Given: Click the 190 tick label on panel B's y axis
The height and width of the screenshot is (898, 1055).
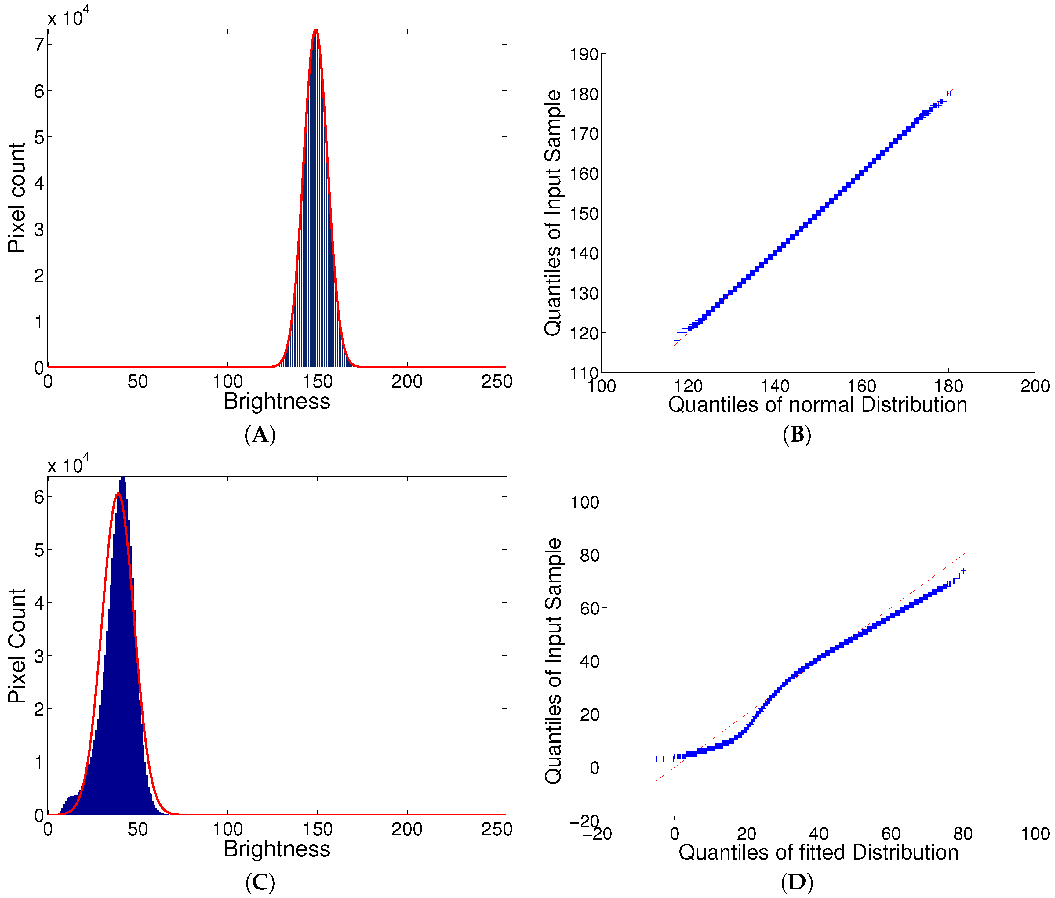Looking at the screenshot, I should click(x=584, y=54).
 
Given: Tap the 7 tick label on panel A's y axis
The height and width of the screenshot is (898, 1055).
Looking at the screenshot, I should click(x=39, y=45).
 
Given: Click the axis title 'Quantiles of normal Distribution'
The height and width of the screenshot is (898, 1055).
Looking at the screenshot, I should click(x=817, y=405).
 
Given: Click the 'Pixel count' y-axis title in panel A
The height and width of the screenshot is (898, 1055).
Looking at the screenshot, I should click(x=17, y=197).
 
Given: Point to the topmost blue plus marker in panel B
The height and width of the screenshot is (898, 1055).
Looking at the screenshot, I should click(x=957, y=89).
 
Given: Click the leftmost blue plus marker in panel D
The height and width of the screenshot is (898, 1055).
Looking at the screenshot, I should click(x=656, y=759).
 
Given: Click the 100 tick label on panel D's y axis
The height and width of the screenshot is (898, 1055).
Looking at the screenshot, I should click(x=584, y=502).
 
